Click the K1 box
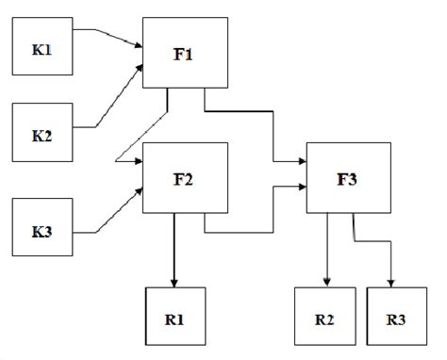(40, 43)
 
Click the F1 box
(186, 53)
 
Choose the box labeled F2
(186, 176)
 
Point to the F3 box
(348, 178)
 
